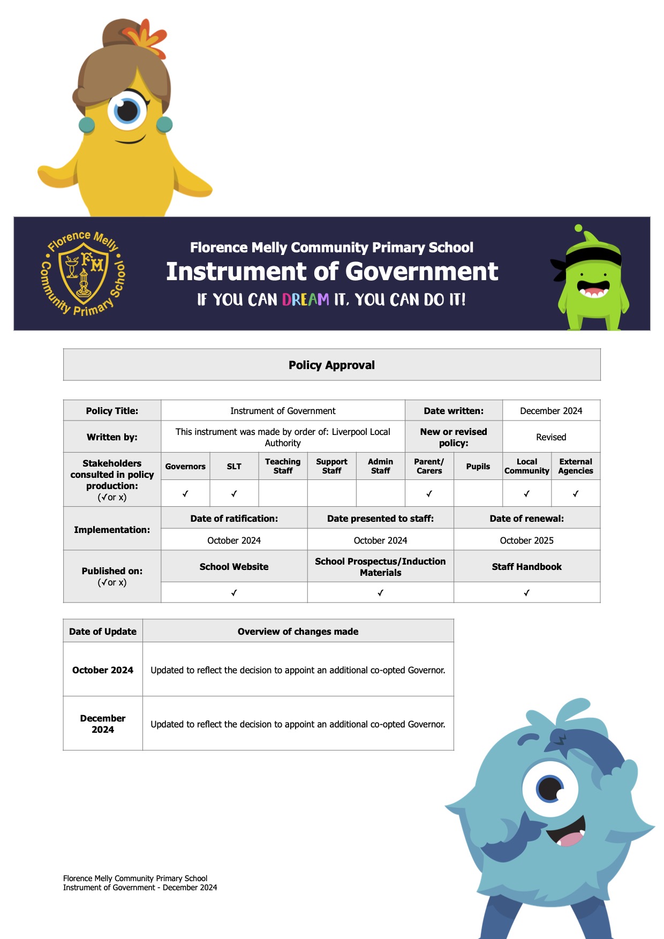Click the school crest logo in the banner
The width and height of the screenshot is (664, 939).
pyautogui.click(x=83, y=273)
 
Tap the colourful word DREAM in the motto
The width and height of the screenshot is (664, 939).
pyautogui.click(x=305, y=299)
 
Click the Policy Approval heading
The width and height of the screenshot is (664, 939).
pyautogui.click(x=331, y=365)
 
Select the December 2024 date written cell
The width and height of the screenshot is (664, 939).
pyautogui.click(x=551, y=411)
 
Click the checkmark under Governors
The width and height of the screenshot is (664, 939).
pyautogui.click(x=185, y=494)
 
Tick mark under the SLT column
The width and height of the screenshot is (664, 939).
pyautogui.click(x=234, y=494)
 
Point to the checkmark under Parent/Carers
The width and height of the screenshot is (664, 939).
pyautogui.click(x=429, y=494)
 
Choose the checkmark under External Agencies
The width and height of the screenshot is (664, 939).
pyautogui.click(x=576, y=494)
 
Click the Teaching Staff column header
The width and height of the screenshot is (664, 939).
pyautogui.click(x=283, y=466)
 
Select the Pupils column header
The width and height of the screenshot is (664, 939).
pyautogui.click(x=478, y=467)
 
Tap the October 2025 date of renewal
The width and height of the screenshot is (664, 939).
pyautogui.click(x=526, y=540)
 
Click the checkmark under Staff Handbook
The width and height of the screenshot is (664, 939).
pyautogui.click(x=526, y=593)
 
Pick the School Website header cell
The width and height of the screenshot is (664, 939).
pyautogui.click(x=234, y=567)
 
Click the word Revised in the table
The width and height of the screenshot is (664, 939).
pyautogui.click(x=551, y=437)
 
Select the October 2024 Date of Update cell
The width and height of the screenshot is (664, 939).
pyautogui.click(x=103, y=670)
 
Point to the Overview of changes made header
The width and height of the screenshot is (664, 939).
pyautogui.click(x=298, y=632)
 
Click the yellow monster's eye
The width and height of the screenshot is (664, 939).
pyautogui.click(x=127, y=110)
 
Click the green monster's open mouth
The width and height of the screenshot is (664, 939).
pyautogui.click(x=593, y=291)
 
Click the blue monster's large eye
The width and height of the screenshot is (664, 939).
pyautogui.click(x=550, y=788)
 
